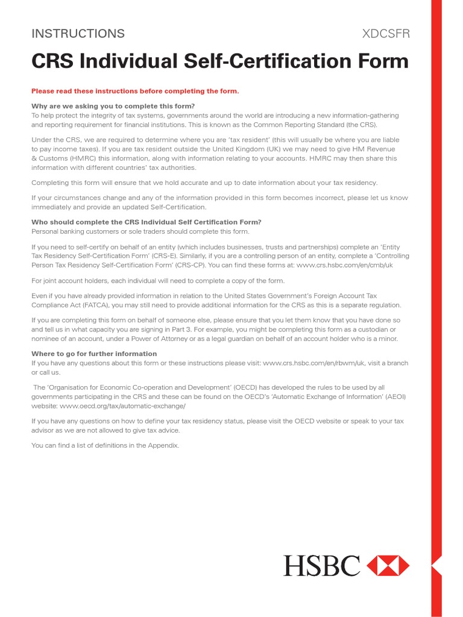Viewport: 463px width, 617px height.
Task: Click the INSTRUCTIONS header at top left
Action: point(78,34)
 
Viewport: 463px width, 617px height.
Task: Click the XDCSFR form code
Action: point(385,34)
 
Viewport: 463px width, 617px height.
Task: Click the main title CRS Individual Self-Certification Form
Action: point(220,61)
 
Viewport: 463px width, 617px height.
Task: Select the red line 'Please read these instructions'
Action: point(135,91)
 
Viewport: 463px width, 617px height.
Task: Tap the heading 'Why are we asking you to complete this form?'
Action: point(113,106)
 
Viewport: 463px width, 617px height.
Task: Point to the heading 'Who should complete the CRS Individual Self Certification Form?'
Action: point(146,222)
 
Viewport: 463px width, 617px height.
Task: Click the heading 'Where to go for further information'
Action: point(94,354)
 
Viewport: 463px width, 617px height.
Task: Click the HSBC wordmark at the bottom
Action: point(322,566)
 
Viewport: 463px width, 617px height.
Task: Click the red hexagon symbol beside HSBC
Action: point(388,566)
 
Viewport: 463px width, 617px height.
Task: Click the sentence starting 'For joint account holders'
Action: point(158,281)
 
